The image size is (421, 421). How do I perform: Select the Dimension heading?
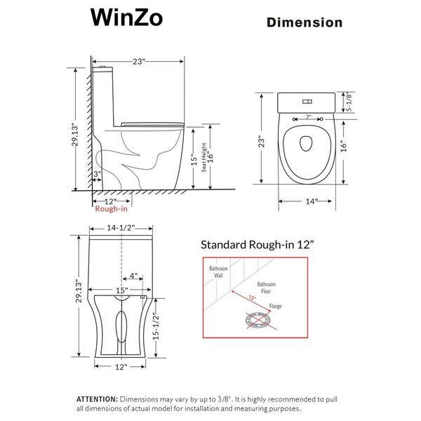coord(305,23)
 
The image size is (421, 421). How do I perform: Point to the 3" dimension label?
coord(98,173)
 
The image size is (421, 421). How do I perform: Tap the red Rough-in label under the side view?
coord(109,208)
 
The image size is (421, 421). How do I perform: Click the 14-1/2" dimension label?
coord(123,228)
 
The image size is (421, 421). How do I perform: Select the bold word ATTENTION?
coord(99,398)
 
